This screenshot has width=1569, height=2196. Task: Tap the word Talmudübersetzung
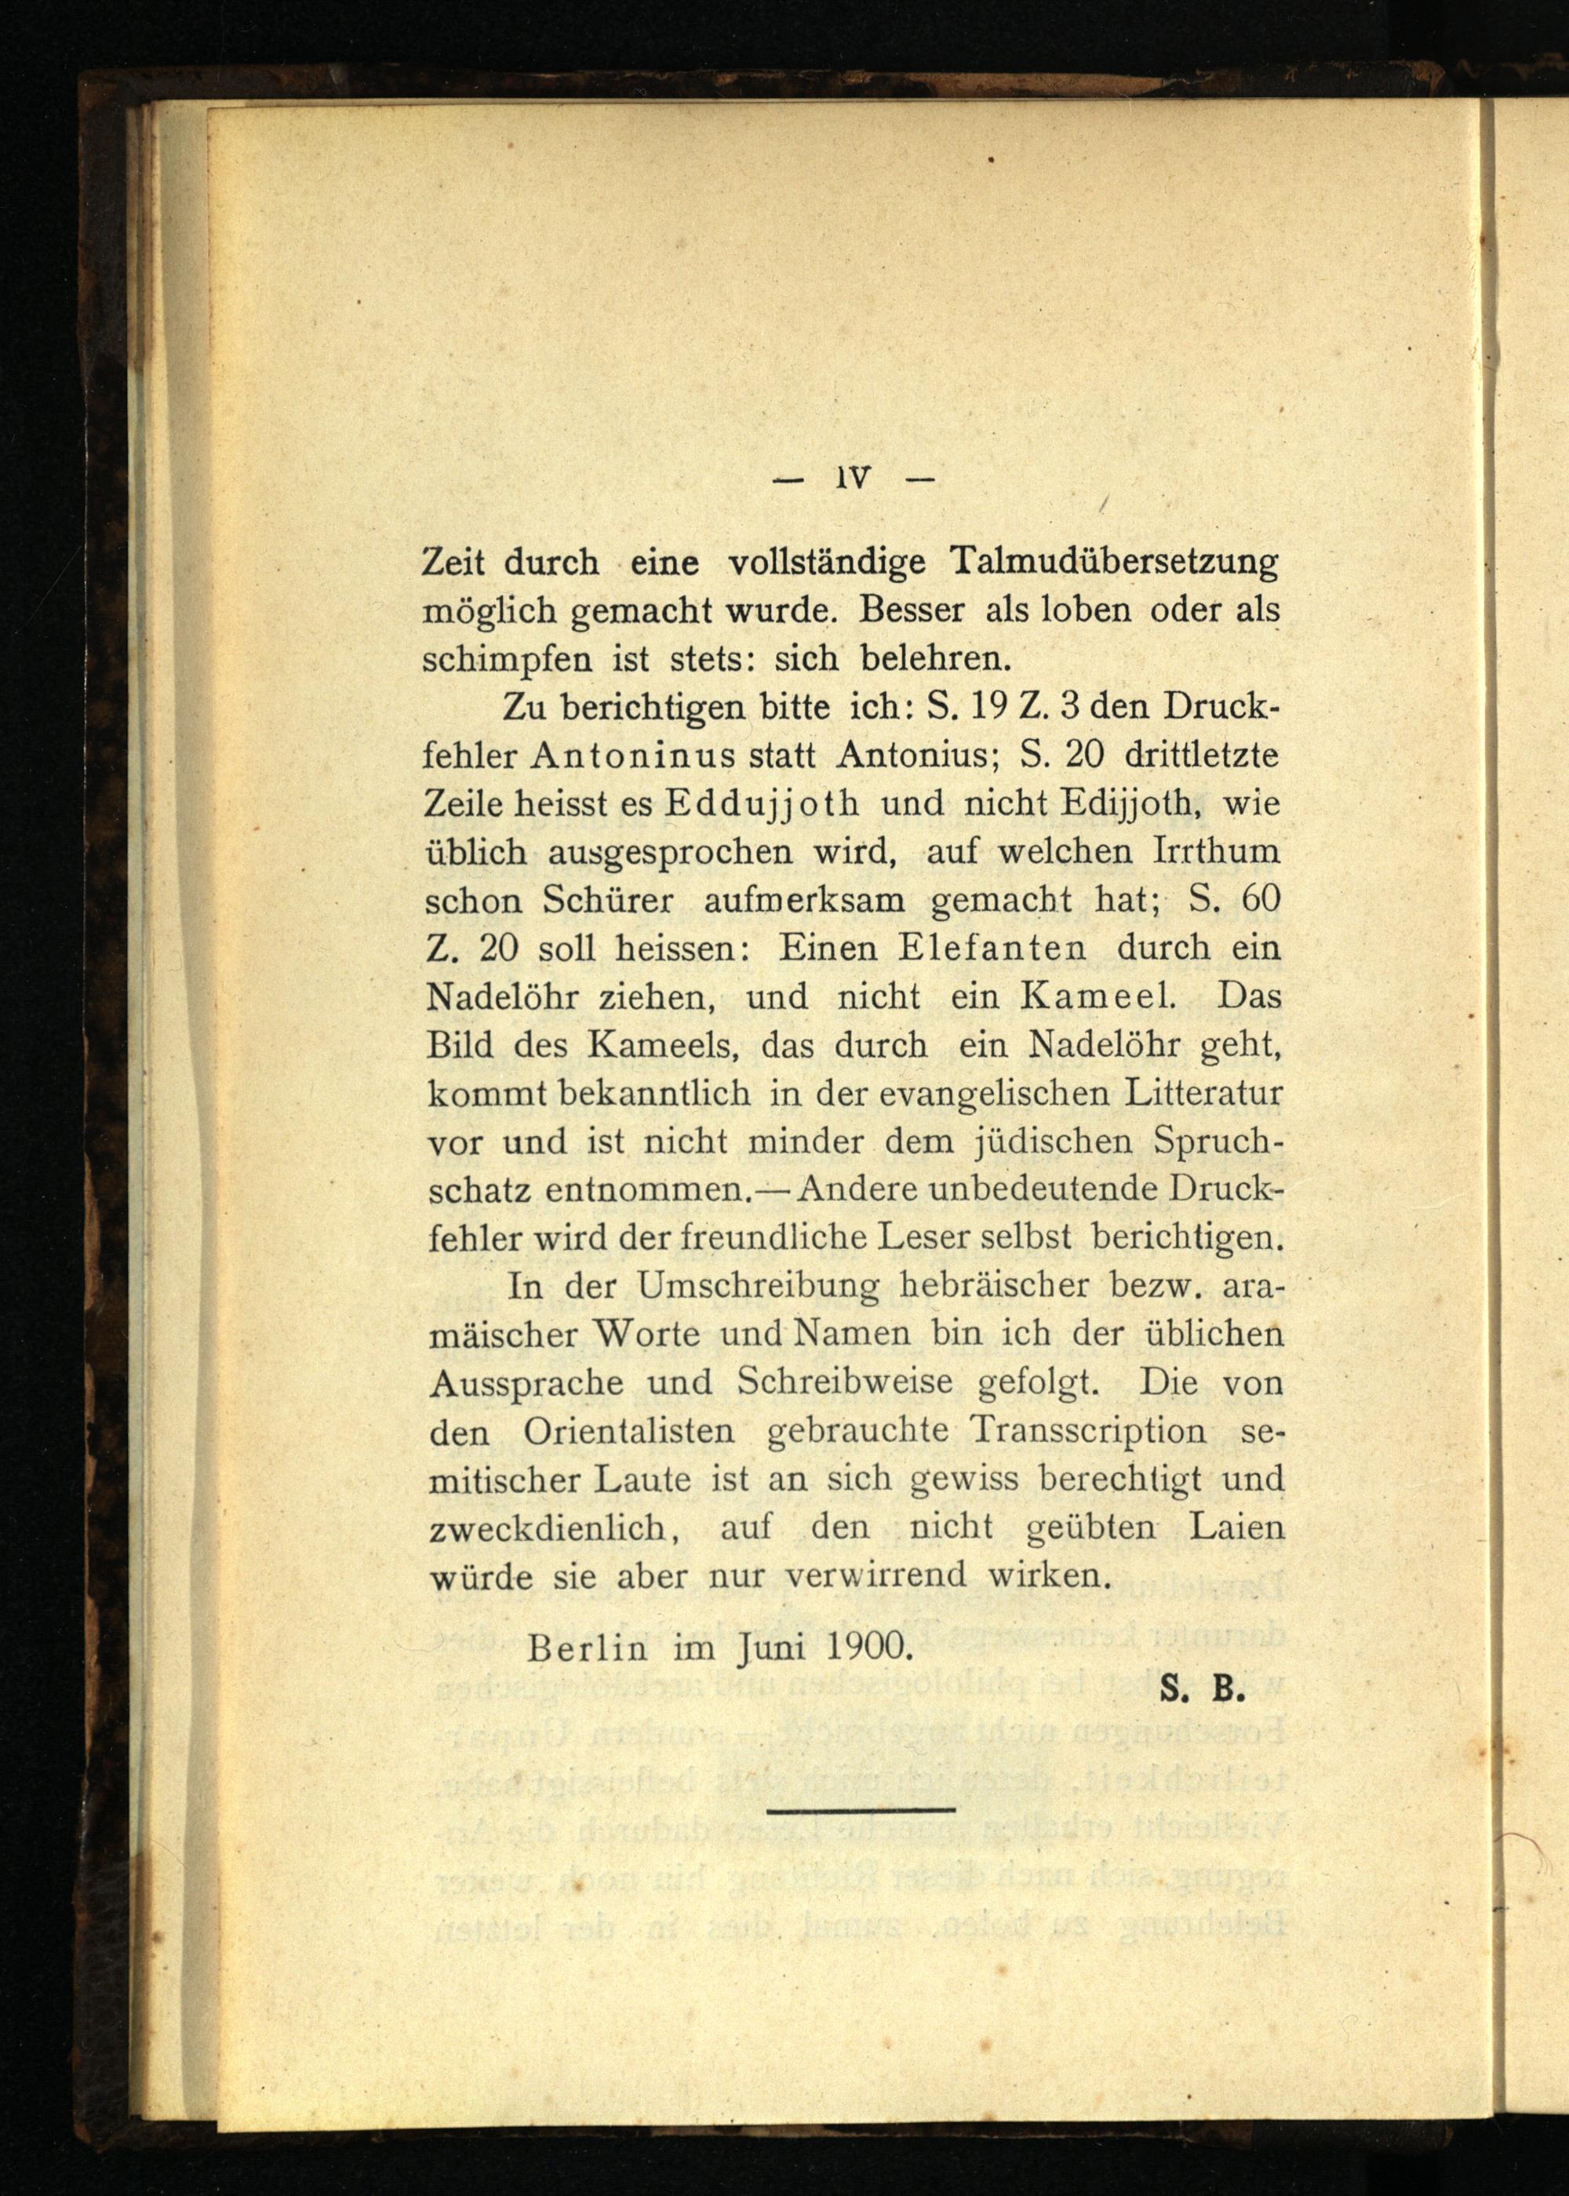tap(1115, 563)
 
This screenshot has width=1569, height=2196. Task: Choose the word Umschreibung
tap(759, 1287)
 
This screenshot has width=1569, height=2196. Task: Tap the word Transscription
tap(1089, 1432)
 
